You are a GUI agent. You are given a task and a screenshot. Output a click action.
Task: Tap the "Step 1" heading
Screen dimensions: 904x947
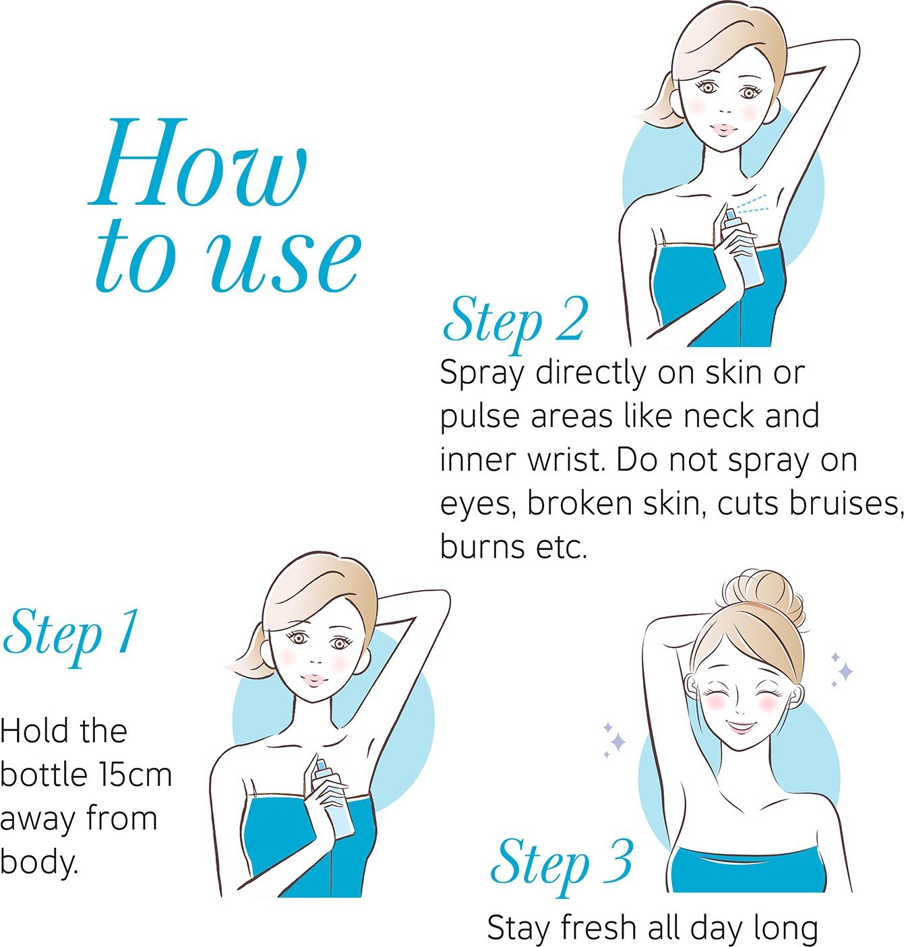click(x=71, y=635)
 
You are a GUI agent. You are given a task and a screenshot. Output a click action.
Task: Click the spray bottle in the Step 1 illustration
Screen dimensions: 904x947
click(x=332, y=800)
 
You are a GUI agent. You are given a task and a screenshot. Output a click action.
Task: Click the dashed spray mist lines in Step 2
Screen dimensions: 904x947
click(x=750, y=204)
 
